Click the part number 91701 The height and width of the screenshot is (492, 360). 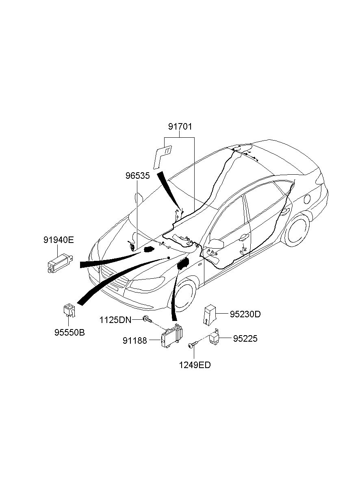pyautogui.click(x=180, y=127)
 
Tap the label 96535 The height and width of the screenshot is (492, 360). pyautogui.click(x=137, y=176)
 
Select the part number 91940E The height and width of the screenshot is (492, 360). pyautogui.click(x=59, y=240)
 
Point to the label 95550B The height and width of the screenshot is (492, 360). pyautogui.click(x=69, y=332)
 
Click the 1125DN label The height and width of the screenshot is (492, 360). pyautogui.click(x=115, y=320)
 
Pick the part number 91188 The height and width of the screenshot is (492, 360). pyautogui.click(x=134, y=341)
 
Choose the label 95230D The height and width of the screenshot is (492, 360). pyautogui.click(x=245, y=314)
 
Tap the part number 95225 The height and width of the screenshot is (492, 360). pyautogui.click(x=245, y=338)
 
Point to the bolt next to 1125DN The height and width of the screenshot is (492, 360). pyautogui.click(x=147, y=320)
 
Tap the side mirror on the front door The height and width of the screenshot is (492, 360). pyautogui.click(x=217, y=243)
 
